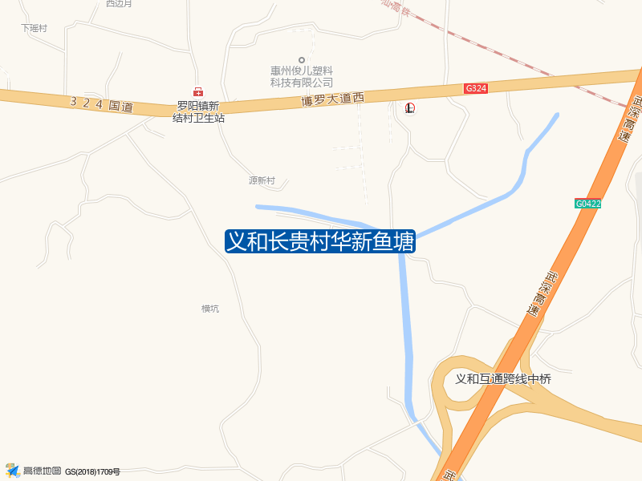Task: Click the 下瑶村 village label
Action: point(35,28)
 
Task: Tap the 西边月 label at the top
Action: point(119,4)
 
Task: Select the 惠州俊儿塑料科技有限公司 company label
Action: point(302,76)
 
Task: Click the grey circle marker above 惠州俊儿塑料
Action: point(302,59)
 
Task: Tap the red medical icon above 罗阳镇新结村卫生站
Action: point(198,92)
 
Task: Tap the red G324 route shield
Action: point(476,88)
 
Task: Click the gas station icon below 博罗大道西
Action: point(410,107)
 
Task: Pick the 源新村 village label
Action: point(262,181)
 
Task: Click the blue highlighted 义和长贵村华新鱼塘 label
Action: point(320,241)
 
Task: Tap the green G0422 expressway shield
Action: point(588,204)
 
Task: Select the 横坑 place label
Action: point(210,309)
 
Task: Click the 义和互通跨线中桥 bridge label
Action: point(503,379)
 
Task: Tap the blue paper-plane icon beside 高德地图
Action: point(12,470)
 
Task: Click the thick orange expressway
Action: point(562,265)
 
